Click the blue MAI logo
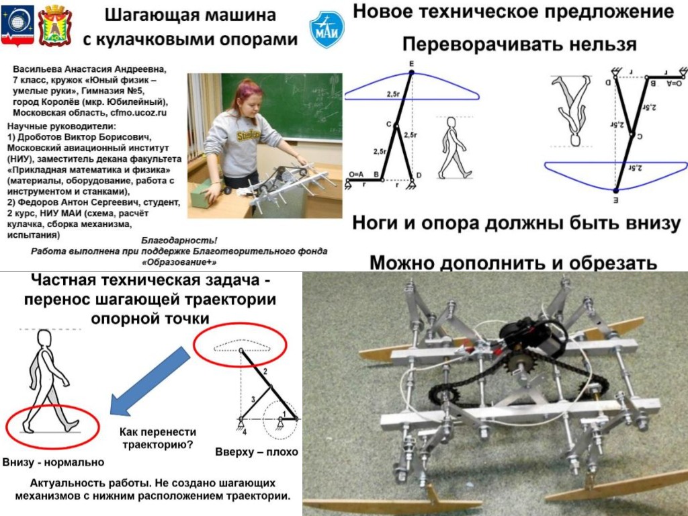327,28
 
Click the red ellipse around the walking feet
52,426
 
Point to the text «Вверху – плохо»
257,451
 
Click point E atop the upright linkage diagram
411,64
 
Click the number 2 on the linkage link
265,371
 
